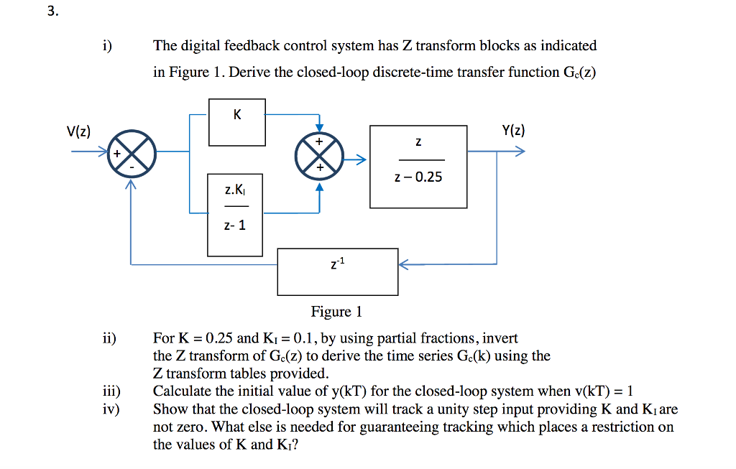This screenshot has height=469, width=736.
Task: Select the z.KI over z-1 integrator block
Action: tap(235, 214)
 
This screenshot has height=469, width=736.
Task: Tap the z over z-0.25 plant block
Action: tap(418, 167)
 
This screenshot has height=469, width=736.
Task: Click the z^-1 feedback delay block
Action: tap(338, 271)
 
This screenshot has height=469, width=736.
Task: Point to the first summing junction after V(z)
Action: tap(132, 152)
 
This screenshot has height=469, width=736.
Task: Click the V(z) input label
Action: tap(78, 131)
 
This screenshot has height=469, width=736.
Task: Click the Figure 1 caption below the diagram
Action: tap(336, 312)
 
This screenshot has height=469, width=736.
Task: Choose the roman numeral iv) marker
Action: tap(110, 409)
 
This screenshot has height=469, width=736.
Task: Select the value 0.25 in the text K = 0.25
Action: tap(219, 338)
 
